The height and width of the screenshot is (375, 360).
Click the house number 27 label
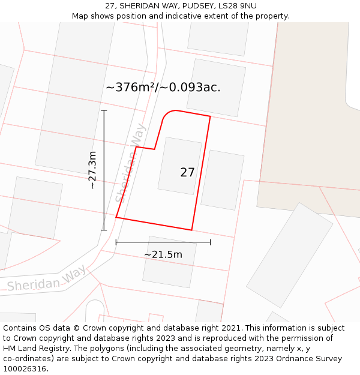(x=187, y=173)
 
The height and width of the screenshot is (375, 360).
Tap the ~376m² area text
(x=130, y=88)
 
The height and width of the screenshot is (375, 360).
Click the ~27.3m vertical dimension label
(x=92, y=170)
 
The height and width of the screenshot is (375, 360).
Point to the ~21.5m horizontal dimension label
(x=163, y=254)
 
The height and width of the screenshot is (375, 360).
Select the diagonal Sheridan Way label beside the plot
(x=130, y=163)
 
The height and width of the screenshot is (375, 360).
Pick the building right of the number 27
(x=222, y=179)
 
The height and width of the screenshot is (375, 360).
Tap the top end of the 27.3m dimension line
(x=104, y=110)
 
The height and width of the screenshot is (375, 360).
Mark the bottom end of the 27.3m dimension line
(x=104, y=230)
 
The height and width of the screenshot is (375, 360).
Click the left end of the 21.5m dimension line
(x=116, y=242)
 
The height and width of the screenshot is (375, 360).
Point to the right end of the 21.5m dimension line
(x=211, y=242)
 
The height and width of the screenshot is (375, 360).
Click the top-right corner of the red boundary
(x=210, y=116)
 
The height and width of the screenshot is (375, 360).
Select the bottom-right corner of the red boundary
(x=191, y=230)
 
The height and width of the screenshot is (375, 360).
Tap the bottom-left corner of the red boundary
(x=116, y=217)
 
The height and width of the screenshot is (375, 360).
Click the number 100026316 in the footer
(x=25, y=368)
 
